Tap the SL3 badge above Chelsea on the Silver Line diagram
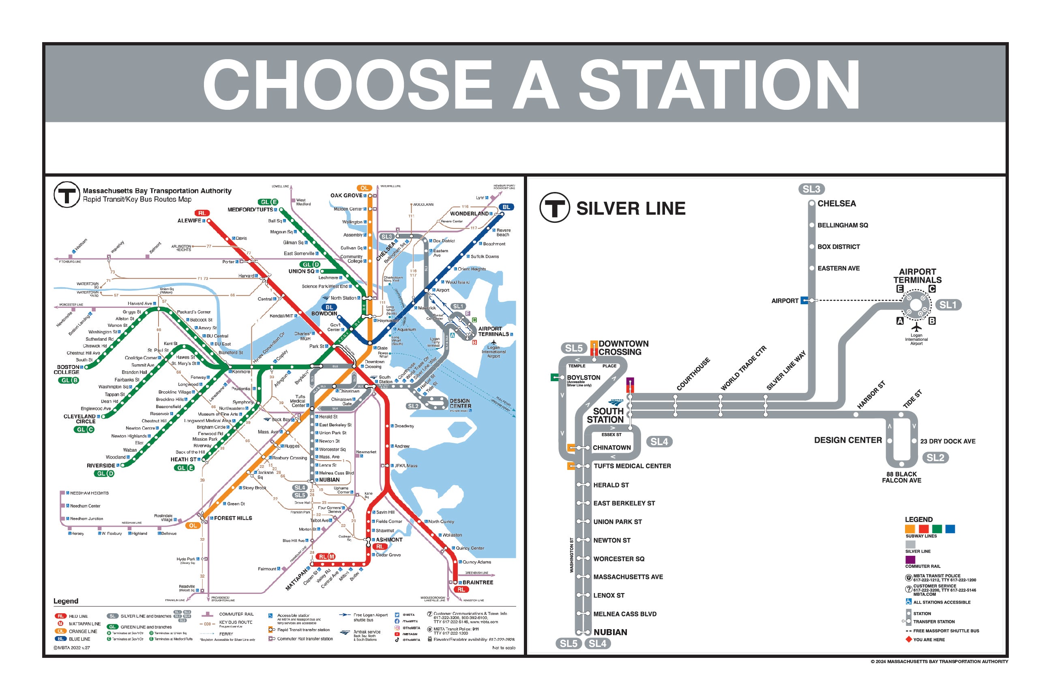pyautogui.click(x=811, y=189)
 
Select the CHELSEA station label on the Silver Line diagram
pyautogui.click(x=837, y=204)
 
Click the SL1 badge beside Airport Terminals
pyautogui.click(x=947, y=305)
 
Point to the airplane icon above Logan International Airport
pyautogui.click(x=916, y=327)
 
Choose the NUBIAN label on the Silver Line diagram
pyautogui.click(x=610, y=632)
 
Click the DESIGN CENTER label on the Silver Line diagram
pyautogui.click(x=848, y=440)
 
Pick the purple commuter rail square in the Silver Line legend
pyautogui.click(x=910, y=559)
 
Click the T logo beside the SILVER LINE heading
pyautogui.click(x=555, y=207)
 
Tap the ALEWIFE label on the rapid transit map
pyautogui.click(x=189, y=220)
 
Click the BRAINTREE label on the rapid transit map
pyautogui.click(x=478, y=582)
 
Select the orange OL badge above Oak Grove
pyautogui.click(x=364, y=188)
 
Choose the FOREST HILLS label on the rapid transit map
pyautogui.click(x=233, y=518)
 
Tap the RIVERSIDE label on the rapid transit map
pyautogui.click(x=101, y=465)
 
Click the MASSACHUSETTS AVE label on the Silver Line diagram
pyautogui.click(x=628, y=577)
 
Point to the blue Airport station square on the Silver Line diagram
pyautogui.click(x=804, y=301)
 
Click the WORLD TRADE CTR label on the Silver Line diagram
pyautogui.click(x=743, y=368)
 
